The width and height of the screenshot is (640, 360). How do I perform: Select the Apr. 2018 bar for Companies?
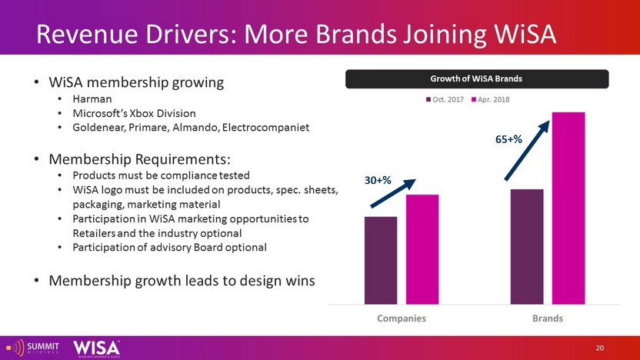point(422,249)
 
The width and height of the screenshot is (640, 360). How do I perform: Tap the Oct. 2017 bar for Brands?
point(527,246)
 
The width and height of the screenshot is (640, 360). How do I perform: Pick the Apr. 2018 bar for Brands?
point(568,208)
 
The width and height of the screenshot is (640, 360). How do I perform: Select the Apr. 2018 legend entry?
point(488,100)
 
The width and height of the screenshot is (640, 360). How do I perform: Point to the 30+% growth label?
point(378,180)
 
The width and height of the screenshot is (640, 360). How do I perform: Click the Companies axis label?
point(401,318)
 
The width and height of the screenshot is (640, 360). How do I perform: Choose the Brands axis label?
point(548,318)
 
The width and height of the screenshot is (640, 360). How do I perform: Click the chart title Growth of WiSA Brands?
point(477,78)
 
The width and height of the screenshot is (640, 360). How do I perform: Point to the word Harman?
point(92,99)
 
